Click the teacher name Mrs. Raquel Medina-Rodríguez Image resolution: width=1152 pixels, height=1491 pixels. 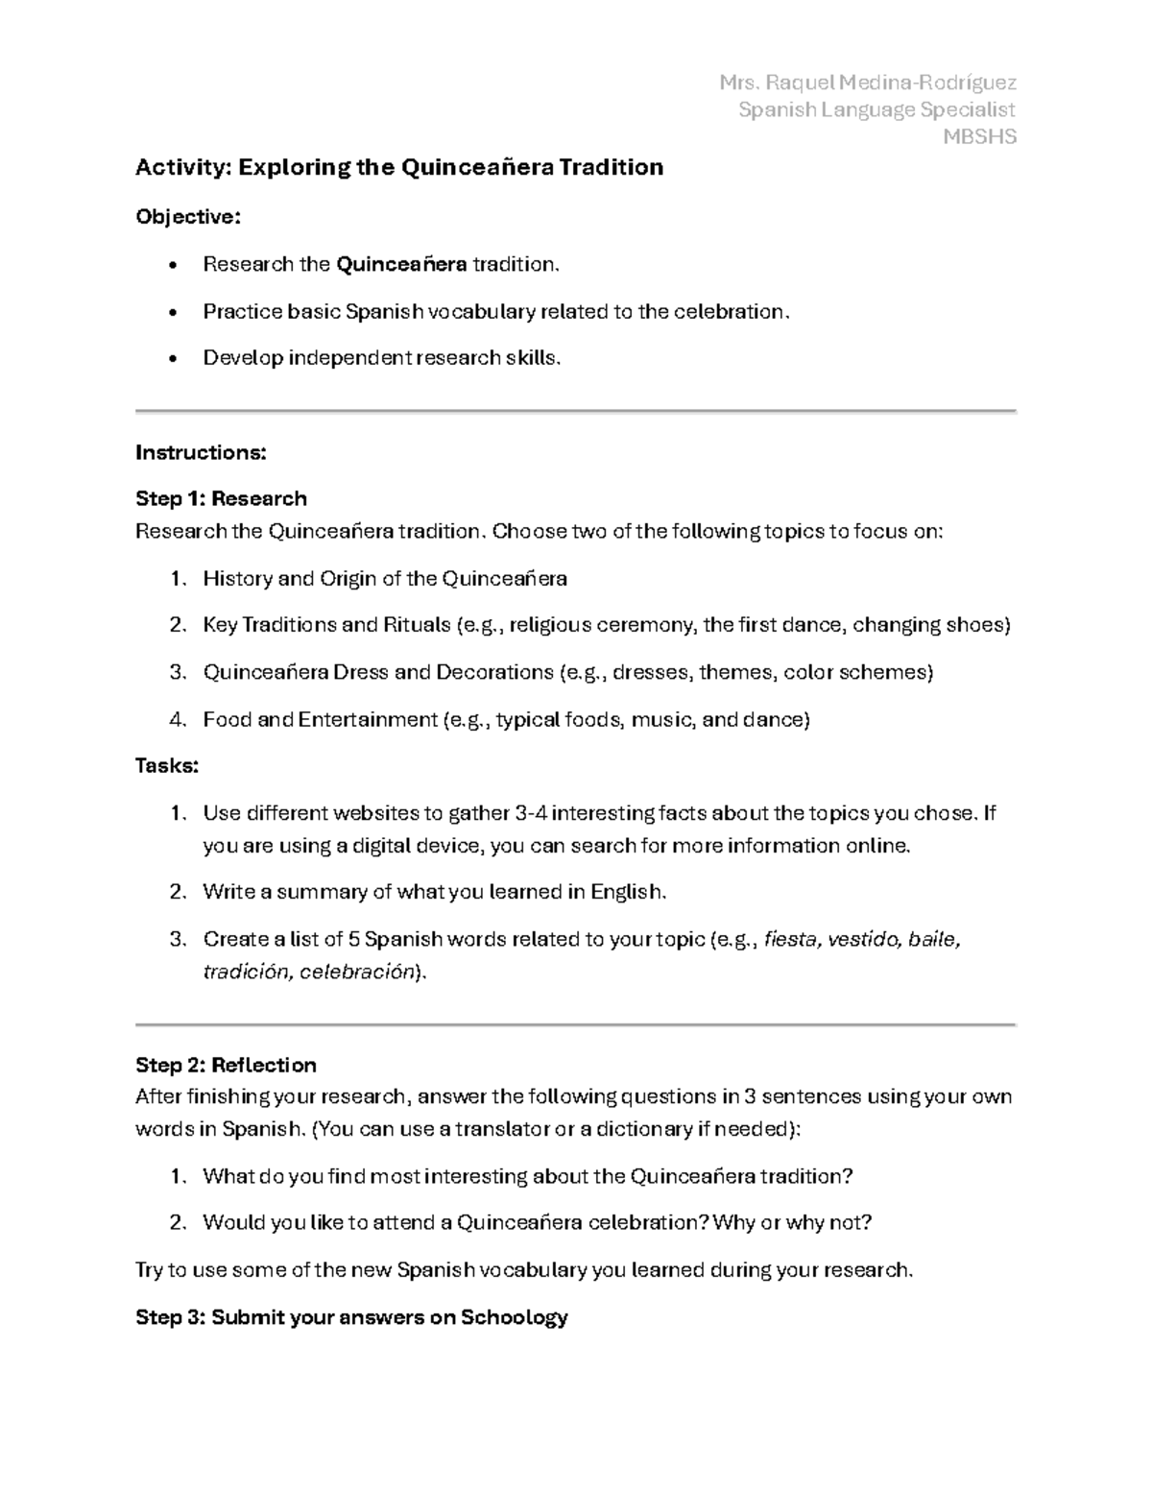click(x=867, y=83)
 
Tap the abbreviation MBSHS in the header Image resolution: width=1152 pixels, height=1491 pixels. click(x=979, y=136)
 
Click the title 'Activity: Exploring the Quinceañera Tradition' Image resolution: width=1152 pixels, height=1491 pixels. click(x=399, y=167)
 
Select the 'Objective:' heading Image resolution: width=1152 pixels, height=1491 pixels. click(x=188, y=217)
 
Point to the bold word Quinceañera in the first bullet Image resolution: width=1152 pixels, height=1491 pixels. click(x=401, y=264)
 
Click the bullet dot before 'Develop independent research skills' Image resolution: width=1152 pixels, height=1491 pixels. click(x=172, y=359)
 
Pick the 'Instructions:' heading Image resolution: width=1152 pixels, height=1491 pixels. click(x=201, y=452)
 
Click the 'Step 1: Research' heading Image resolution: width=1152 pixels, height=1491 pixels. click(x=221, y=498)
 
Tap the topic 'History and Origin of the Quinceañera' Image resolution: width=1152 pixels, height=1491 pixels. click(x=385, y=579)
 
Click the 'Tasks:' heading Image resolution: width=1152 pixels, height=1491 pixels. click(x=167, y=766)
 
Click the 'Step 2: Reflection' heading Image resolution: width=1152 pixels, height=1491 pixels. click(x=226, y=1065)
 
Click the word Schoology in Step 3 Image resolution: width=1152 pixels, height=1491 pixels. click(x=515, y=1317)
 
